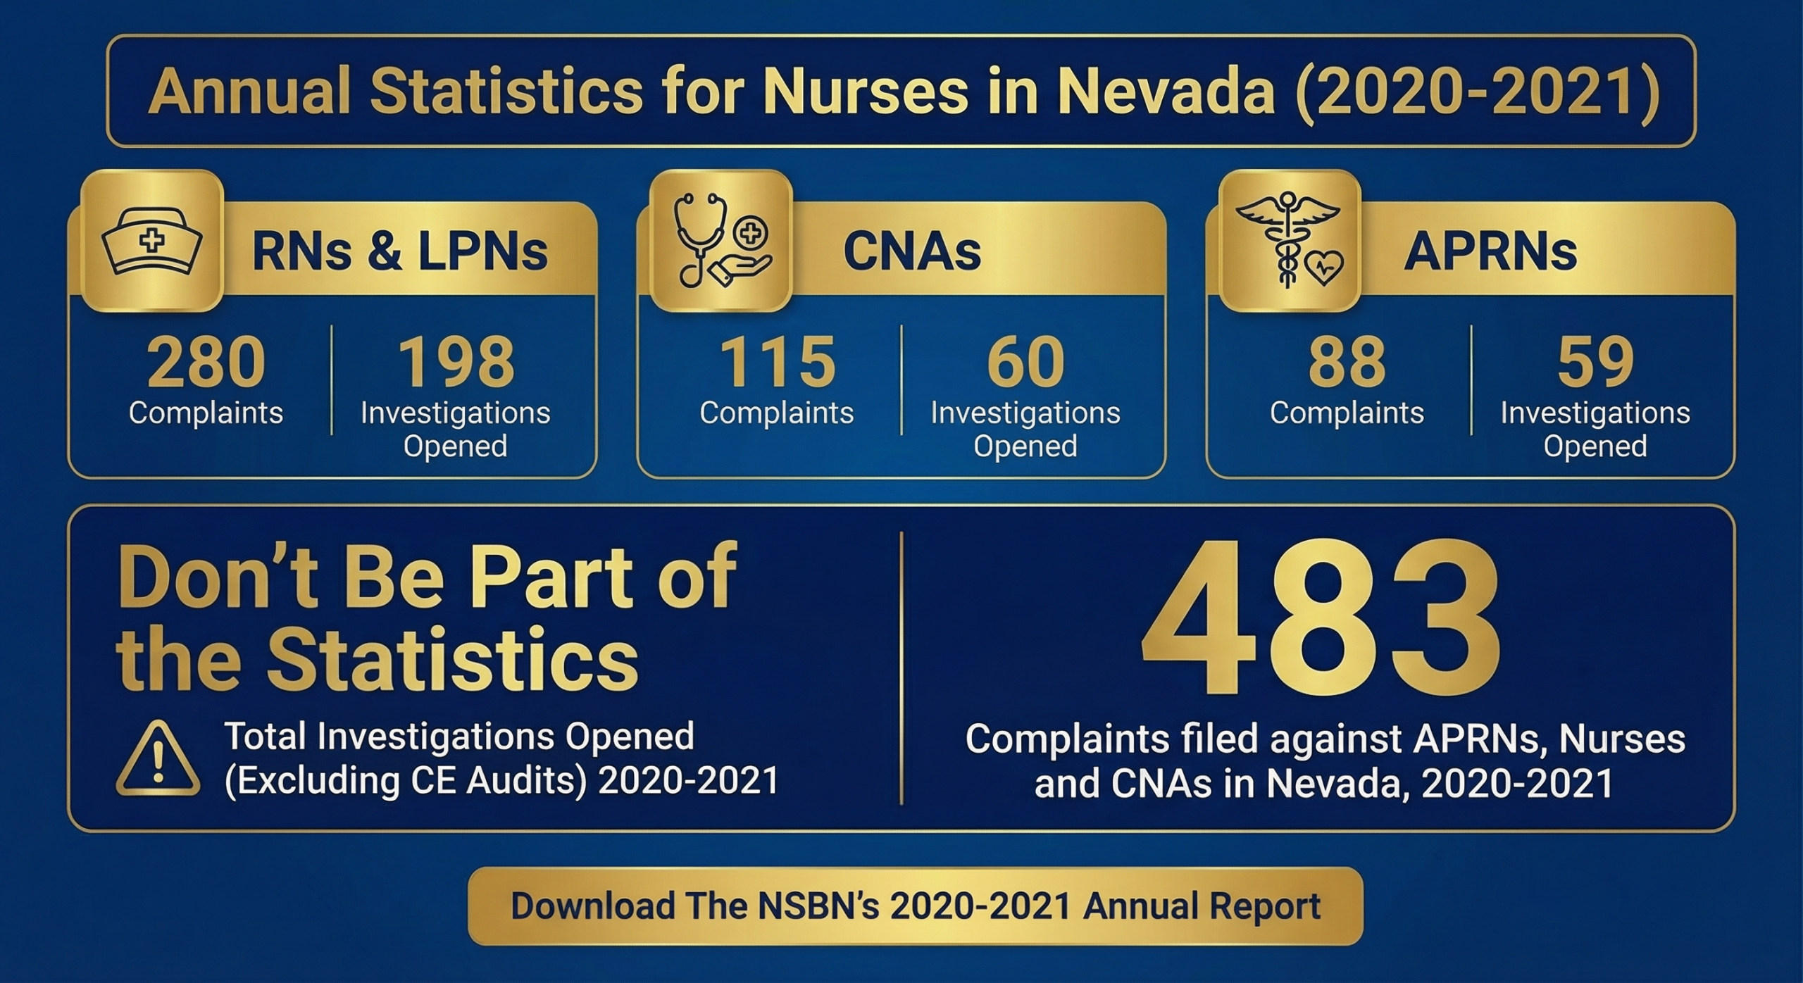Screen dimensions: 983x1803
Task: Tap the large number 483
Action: pyautogui.click(x=1320, y=620)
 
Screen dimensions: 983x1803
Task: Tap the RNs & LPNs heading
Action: pyautogui.click(x=400, y=251)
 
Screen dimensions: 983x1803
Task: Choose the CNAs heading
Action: pyautogui.click(x=912, y=251)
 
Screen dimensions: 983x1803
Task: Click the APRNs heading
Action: pyautogui.click(x=1490, y=251)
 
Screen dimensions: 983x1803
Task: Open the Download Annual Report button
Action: pyautogui.click(x=915, y=906)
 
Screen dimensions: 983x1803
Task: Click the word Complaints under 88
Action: pyautogui.click(x=1347, y=413)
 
